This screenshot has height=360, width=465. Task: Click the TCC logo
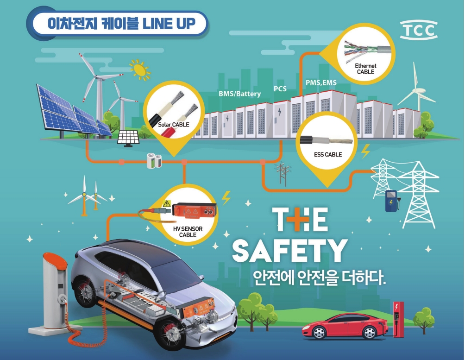418,30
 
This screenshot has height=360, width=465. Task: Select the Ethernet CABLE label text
366,69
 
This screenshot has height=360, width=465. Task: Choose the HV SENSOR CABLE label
188,232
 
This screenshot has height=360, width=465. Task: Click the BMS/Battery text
239,94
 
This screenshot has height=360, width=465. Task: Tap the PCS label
280,88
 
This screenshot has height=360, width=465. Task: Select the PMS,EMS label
321,82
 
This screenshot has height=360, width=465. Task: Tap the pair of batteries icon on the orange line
154,162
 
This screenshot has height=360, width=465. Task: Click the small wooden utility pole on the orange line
280,174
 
